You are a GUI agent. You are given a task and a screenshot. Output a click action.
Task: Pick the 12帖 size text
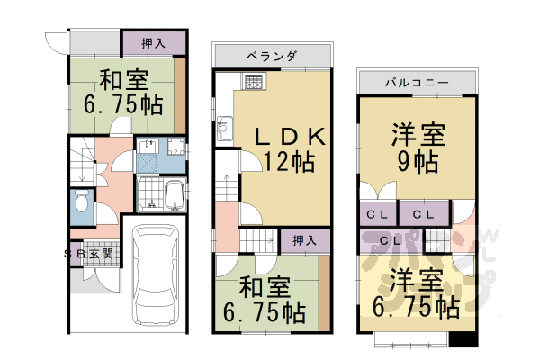pyautogui.click(x=288, y=162)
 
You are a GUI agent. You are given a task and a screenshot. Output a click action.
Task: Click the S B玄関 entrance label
pyautogui.click(x=89, y=254)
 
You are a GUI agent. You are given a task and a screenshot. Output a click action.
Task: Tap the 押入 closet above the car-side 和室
pyautogui.click(x=154, y=42)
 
